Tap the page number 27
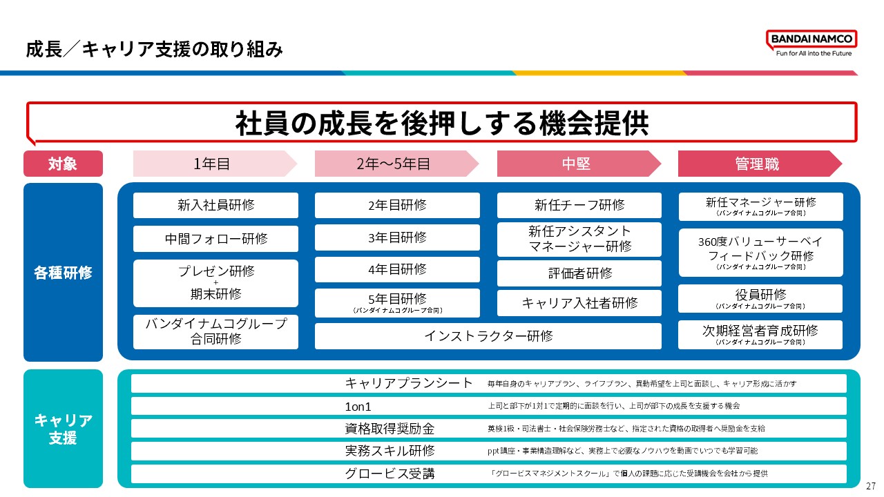pyautogui.click(x=871, y=486)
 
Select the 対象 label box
pyautogui.click(x=63, y=164)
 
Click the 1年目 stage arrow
pyautogui.click(x=214, y=164)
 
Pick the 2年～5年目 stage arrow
pyautogui.click(x=396, y=164)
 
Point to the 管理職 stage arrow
pyautogui.click(x=759, y=164)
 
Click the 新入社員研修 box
pyautogui.click(x=215, y=205)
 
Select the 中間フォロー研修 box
pyautogui.click(x=215, y=239)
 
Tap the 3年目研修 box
pyautogui.click(x=397, y=237)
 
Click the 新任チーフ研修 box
pyautogui.click(x=579, y=205)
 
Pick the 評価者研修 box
pyautogui.click(x=579, y=273)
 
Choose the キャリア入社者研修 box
pyautogui.click(x=579, y=302)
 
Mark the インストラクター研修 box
pyautogui.click(x=488, y=336)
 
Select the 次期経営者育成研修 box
pyautogui.click(x=760, y=334)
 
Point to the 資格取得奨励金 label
pyautogui.click(x=390, y=429)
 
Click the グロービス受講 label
pyautogui.click(x=390, y=474)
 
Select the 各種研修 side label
pyautogui.click(x=63, y=272)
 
